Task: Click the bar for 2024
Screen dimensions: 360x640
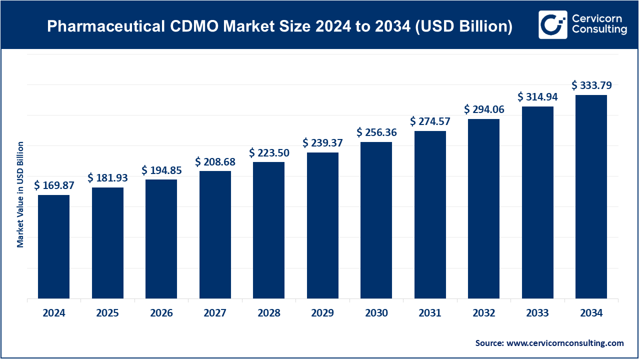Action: [54, 246]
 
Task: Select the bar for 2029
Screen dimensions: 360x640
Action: [322, 225]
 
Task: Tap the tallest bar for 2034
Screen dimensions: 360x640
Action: [591, 196]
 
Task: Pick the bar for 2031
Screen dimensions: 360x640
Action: [430, 214]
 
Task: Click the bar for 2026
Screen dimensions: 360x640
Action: [161, 239]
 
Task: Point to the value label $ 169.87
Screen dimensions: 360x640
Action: [54, 185]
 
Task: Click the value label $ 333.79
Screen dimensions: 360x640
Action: [591, 85]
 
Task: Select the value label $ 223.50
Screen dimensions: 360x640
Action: [269, 152]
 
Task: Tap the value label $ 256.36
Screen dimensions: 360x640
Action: [376, 132]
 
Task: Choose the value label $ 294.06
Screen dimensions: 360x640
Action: [484, 109]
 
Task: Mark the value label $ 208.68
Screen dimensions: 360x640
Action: [215, 161]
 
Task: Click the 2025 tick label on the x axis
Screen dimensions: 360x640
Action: [107, 313]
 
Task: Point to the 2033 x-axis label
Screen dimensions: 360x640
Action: [537, 313]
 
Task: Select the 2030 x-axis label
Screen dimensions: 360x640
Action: [376, 313]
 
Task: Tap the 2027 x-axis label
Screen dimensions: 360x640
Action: [215, 313]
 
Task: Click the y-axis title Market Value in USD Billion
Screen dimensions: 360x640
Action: [20, 194]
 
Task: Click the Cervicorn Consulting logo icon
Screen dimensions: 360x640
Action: [552, 24]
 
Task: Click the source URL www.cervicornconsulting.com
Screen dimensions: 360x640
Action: [565, 343]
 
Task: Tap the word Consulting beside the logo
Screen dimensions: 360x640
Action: [599, 30]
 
